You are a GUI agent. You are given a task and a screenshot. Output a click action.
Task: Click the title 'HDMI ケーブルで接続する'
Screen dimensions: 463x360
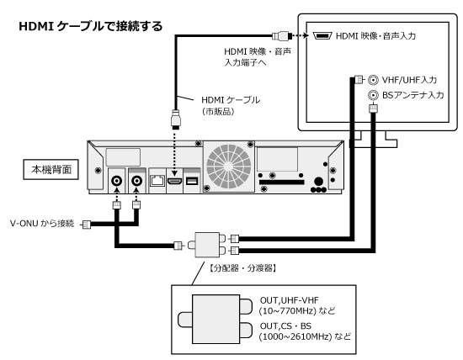[91, 26]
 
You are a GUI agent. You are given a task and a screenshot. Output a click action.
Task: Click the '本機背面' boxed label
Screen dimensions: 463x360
[51, 169]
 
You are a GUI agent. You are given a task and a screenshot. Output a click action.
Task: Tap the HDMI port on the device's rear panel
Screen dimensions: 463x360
[175, 181]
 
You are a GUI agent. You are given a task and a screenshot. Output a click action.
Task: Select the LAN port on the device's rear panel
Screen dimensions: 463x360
[157, 180]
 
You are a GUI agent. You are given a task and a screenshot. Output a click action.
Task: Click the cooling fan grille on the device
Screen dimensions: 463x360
[229, 167]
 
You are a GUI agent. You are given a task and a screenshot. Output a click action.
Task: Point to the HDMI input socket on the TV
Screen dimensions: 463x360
[322, 35]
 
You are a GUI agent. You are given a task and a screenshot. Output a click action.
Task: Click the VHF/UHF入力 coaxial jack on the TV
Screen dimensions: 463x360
[373, 80]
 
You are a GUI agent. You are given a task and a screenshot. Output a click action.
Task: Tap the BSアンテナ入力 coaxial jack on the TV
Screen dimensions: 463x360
[373, 95]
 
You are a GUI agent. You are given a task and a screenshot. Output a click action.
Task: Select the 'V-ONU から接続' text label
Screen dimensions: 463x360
[42, 224]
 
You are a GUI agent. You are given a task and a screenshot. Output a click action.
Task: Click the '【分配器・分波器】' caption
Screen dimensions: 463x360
[242, 268]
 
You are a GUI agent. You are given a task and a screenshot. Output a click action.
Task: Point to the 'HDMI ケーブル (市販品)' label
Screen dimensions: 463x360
[231, 105]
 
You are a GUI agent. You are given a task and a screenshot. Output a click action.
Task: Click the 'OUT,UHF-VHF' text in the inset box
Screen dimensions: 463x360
[289, 300]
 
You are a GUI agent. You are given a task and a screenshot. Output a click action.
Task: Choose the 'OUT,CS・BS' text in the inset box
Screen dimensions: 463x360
[285, 326]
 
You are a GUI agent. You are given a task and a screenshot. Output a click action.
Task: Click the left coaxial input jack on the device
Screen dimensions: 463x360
[117, 180]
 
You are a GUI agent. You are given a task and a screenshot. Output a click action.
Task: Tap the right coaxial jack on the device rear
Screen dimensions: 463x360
[136, 180]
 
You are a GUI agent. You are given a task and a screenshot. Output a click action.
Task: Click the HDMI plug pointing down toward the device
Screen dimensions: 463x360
[175, 119]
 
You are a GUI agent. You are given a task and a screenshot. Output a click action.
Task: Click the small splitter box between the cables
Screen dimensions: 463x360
[207, 245]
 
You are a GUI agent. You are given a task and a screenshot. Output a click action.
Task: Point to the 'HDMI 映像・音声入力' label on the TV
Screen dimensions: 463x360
[375, 36]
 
